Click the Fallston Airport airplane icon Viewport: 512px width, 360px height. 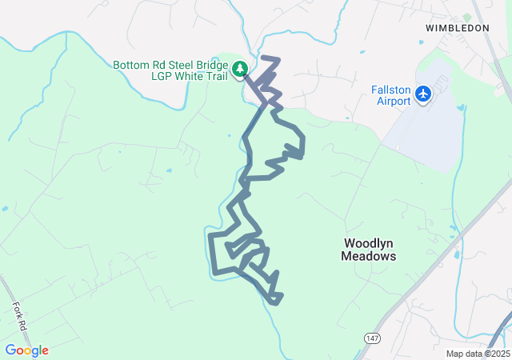(x=424, y=95)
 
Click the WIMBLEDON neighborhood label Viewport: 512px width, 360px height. (x=458, y=27)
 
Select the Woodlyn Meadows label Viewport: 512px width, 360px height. (x=369, y=250)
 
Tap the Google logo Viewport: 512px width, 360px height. (x=26, y=350)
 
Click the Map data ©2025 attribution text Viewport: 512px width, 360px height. (x=478, y=354)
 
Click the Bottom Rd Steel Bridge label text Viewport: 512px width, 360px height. (x=171, y=65)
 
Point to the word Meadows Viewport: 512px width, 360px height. (x=369, y=257)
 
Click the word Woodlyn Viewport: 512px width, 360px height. (x=369, y=242)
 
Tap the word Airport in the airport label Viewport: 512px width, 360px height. (x=392, y=101)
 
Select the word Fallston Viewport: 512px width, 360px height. (x=392, y=89)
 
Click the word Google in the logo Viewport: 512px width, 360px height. (x=26, y=350)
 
